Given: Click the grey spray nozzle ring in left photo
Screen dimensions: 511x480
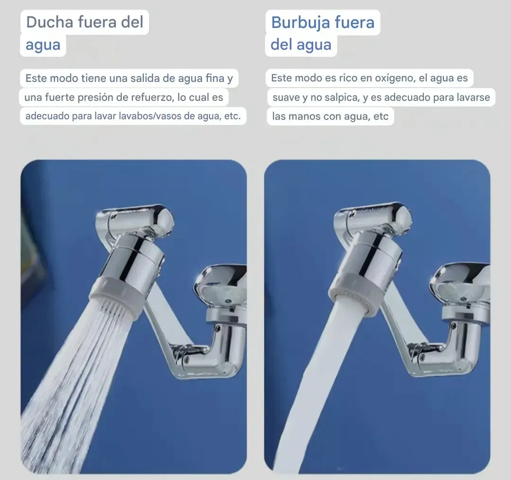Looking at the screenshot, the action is coord(117,298).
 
